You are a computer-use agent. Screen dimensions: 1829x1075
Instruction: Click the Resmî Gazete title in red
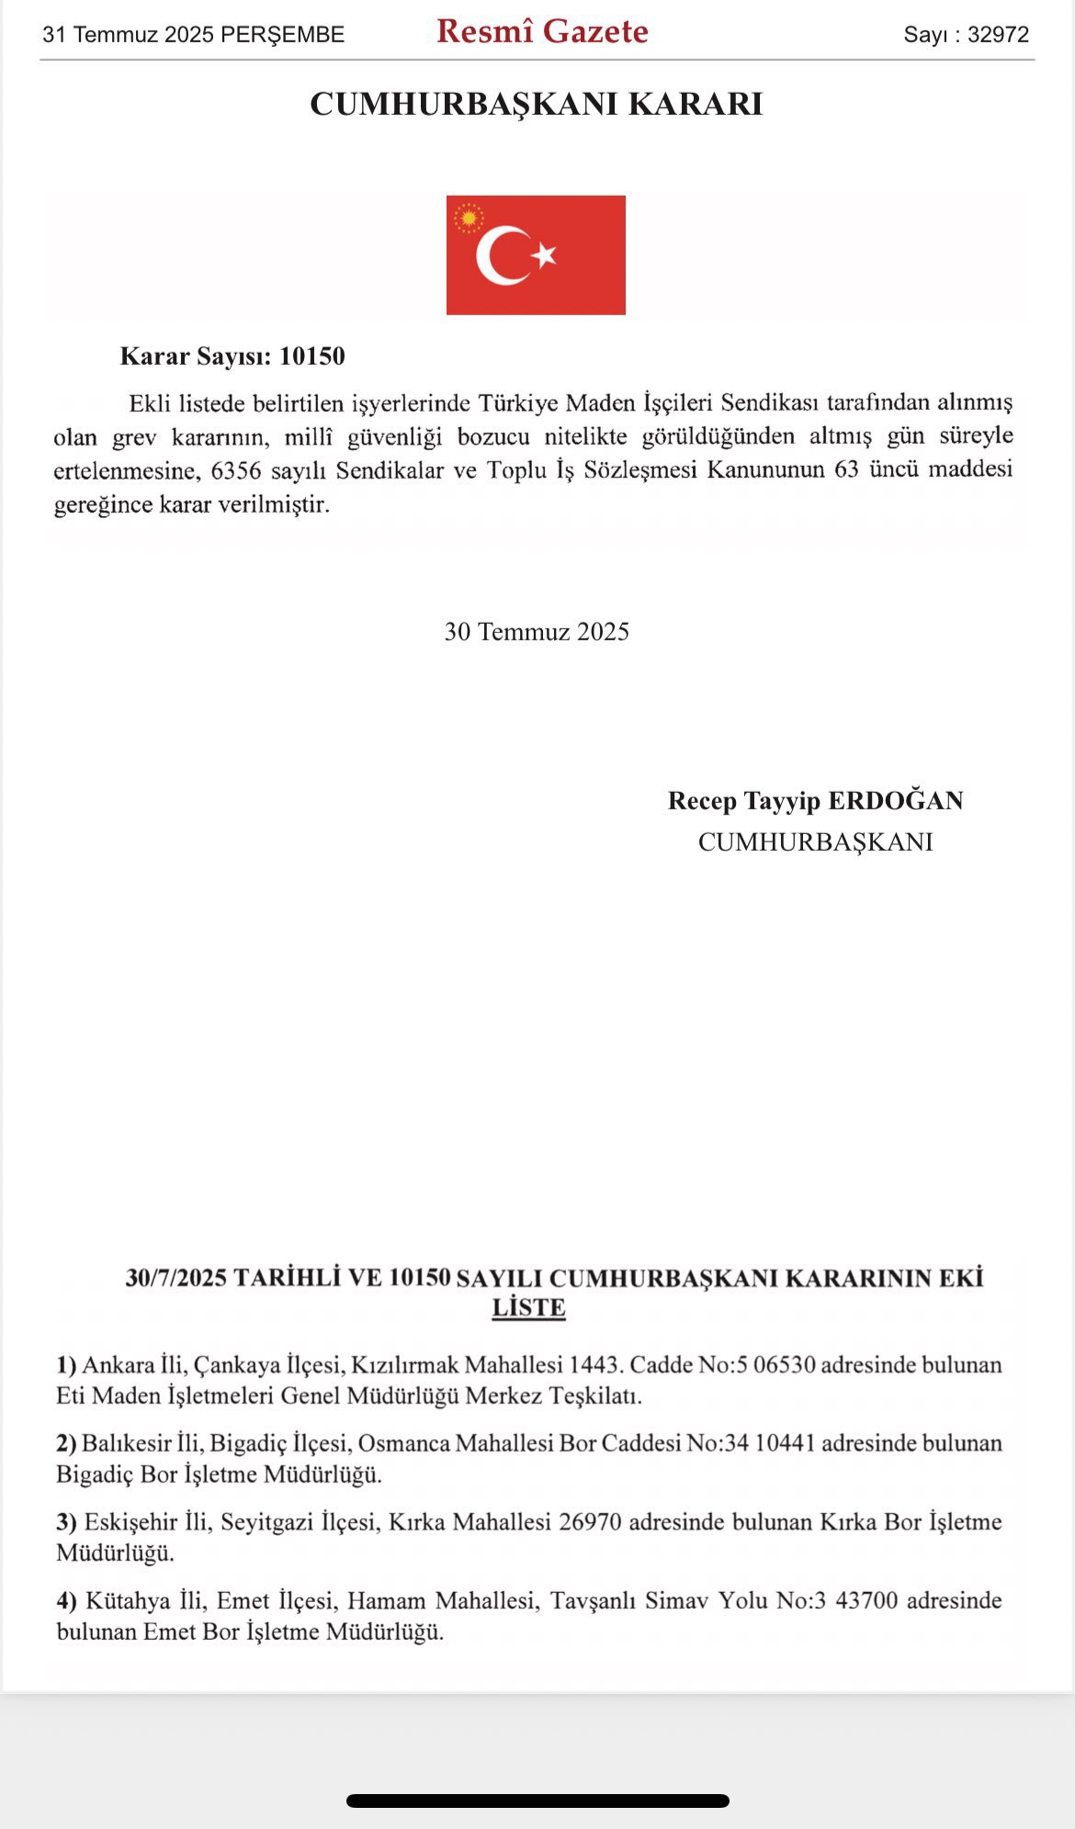pos(542,32)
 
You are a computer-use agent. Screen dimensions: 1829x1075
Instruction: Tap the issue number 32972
pos(998,35)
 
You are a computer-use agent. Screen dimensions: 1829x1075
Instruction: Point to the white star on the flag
pos(545,254)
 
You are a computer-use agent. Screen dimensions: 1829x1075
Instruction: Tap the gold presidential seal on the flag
pos(470,219)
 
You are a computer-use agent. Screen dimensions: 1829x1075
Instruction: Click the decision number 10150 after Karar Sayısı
pos(312,356)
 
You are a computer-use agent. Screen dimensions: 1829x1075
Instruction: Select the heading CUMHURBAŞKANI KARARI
pos(537,104)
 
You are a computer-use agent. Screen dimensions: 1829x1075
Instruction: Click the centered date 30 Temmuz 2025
pos(537,632)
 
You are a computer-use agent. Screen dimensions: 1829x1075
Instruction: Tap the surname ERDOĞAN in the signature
pos(896,801)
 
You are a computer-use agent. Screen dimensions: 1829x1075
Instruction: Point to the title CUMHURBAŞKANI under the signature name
pos(815,842)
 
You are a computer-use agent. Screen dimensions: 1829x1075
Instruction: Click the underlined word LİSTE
pos(528,1308)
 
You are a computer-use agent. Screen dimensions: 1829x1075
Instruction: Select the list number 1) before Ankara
pos(66,1365)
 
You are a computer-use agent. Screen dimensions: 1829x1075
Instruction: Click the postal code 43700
pos(866,1601)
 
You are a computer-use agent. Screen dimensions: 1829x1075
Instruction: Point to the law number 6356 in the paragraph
pos(237,470)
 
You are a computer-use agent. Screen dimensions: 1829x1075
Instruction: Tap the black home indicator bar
pos(537,1801)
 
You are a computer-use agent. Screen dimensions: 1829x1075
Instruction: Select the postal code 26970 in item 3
pos(590,1522)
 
